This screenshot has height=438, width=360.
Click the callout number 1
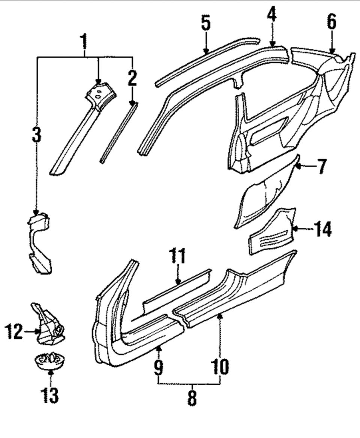tap(84, 42)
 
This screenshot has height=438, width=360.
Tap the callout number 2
tap(132, 78)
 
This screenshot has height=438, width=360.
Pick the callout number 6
tap(331, 21)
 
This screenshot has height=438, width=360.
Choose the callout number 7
tap(321, 166)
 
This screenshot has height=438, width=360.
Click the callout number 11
tap(177, 256)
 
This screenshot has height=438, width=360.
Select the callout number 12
tap(14, 332)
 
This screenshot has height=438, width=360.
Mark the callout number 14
tap(322, 229)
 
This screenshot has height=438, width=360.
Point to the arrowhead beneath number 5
tap(206, 51)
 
